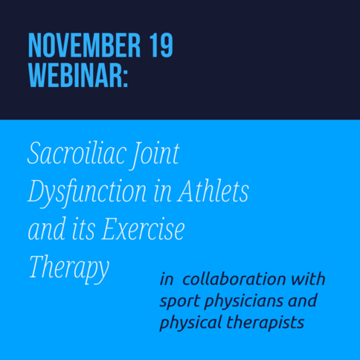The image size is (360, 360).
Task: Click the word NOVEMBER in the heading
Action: [x=84, y=45]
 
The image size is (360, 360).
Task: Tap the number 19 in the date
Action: [x=161, y=45]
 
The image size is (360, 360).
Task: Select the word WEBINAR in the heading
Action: [x=75, y=75]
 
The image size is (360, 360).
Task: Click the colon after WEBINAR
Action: [x=126, y=78]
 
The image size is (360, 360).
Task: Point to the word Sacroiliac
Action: [x=76, y=153]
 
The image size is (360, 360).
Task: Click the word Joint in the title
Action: [x=155, y=155]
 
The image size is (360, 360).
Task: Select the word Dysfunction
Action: [x=87, y=193]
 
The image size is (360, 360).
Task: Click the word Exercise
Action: [x=143, y=229]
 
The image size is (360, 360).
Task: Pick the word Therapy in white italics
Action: [x=69, y=269]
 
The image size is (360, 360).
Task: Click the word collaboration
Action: [x=234, y=278]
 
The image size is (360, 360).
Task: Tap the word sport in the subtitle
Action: [x=180, y=301]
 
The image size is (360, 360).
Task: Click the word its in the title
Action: [x=83, y=230]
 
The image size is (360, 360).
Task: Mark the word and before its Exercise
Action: [x=47, y=229]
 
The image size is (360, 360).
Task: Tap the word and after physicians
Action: [x=303, y=300]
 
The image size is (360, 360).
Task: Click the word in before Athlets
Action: [x=162, y=193]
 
